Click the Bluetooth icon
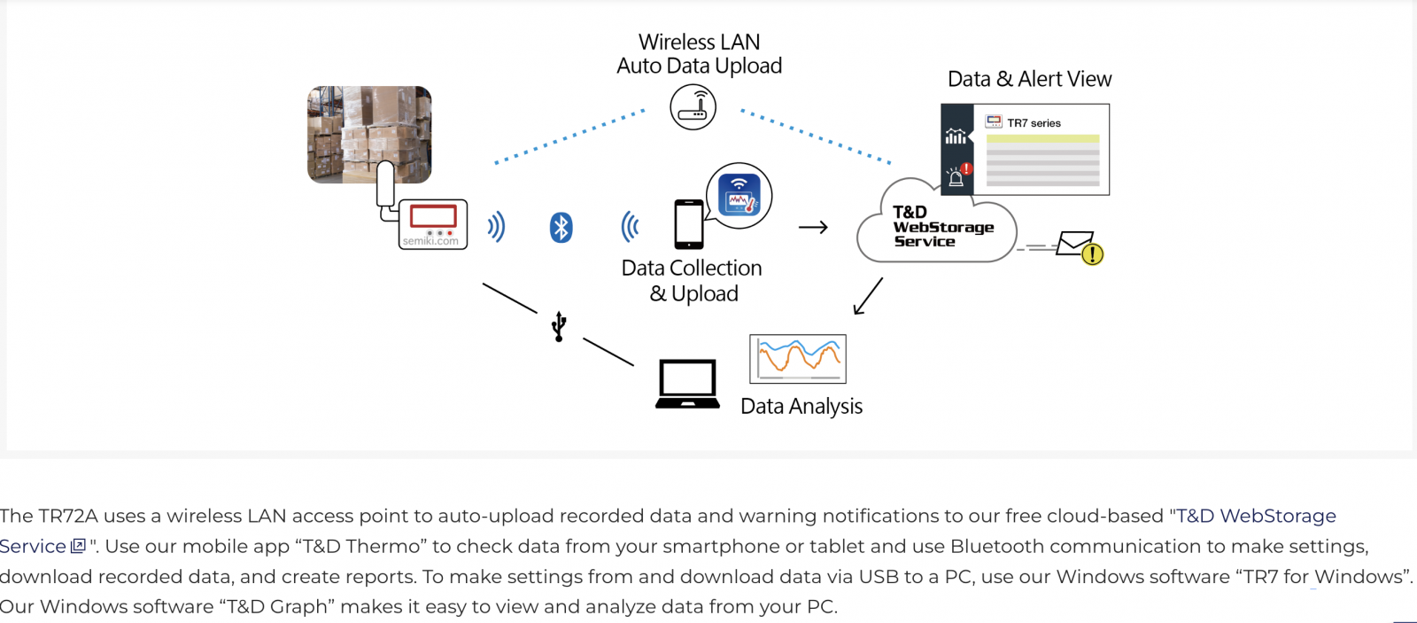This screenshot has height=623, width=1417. tap(561, 228)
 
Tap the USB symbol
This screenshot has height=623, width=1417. tap(559, 326)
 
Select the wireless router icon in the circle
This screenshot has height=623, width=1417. tap(693, 107)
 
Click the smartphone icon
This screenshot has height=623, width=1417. tap(689, 224)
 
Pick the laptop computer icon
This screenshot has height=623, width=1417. tap(687, 385)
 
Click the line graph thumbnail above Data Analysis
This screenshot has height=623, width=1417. tap(798, 359)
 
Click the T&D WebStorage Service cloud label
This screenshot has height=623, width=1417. tap(942, 227)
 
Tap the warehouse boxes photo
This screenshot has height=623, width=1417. tap(369, 135)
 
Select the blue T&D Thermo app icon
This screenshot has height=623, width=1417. tap(739, 195)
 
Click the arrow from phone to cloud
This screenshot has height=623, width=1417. tap(814, 227)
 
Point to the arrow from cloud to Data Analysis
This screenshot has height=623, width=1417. tap(868, 296)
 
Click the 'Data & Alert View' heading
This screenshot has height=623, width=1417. tap(1029, 79)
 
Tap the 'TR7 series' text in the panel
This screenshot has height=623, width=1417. tap(1034, 123)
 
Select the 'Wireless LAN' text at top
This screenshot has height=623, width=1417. tap(699, 42)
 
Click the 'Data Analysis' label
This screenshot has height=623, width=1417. tap(801, 407)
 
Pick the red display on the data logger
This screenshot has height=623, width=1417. tap(433, 217)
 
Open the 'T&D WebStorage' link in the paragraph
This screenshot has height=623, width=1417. tap(1256, 516)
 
